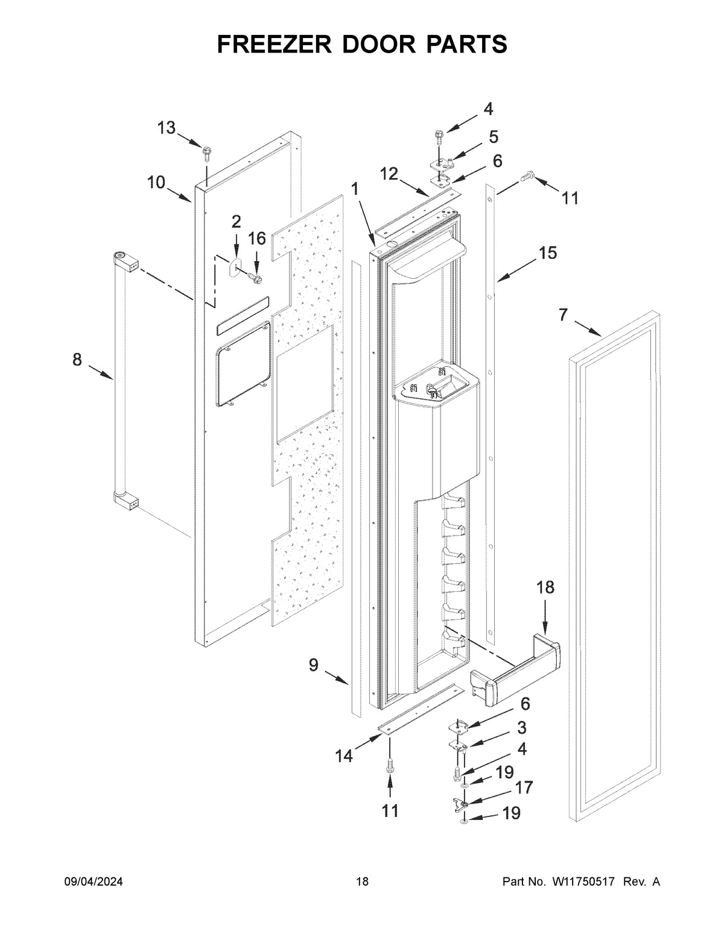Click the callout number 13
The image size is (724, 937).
(x=167, y=128)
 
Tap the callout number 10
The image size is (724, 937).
(x=156, y=182)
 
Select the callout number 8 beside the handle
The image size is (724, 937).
(x=77, y=360)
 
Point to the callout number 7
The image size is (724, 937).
(x=563, y=315)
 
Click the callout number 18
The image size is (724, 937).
(x=545, y=587)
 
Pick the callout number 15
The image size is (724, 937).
(x=548, y=253)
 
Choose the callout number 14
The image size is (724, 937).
(x=345, y=755)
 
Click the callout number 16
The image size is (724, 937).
(x=257, y=239)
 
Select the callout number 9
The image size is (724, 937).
(x=314, y=665)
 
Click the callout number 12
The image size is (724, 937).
(x=389, y=174)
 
